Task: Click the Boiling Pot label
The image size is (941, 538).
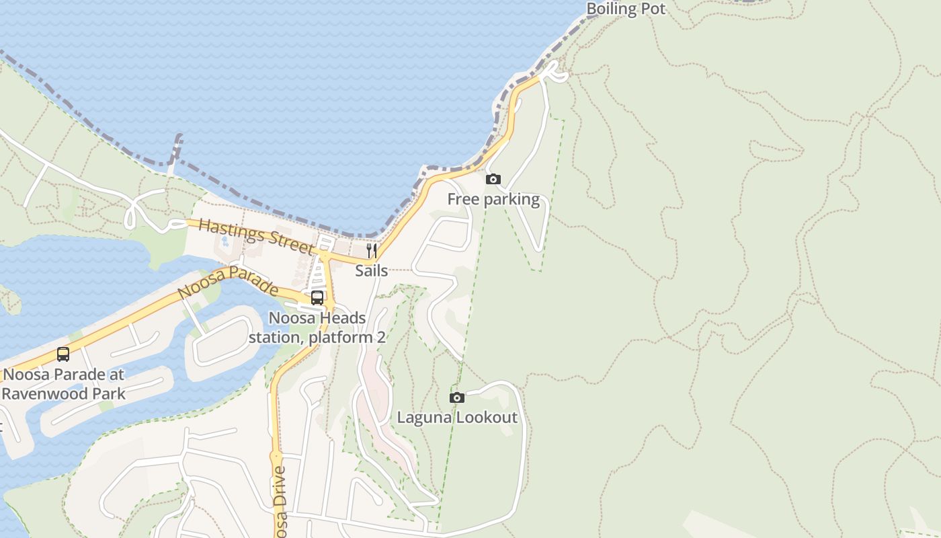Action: [626, 9]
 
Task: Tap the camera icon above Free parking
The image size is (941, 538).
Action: [493, 179]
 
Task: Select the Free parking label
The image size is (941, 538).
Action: [493, 199]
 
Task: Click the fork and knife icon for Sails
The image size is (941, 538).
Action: [371, 251]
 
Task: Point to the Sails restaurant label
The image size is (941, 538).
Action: [372, 270]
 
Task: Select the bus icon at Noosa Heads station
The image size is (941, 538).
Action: [317, 298]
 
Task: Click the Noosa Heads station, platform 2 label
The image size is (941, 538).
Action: [317, 328]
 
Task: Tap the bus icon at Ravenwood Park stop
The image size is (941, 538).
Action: [63, 354]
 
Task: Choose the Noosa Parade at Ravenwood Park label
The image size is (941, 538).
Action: [64, 384]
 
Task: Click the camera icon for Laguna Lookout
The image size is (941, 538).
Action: [457, 397]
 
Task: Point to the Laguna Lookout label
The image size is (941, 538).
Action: [457, 418]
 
